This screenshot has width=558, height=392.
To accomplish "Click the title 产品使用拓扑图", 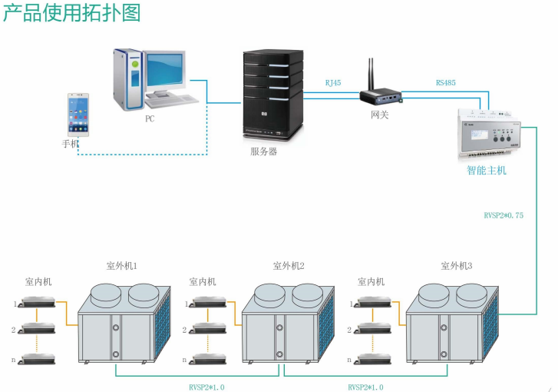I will (x=72, y=13).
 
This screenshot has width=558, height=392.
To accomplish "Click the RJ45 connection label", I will (x=333, y=81).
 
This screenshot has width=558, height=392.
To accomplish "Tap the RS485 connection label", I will (x=446, y=81).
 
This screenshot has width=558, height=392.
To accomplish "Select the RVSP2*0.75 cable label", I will (x=504, y=216).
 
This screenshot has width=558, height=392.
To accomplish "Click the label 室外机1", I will (x=121, y=266).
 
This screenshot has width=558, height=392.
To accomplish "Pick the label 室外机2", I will (x=289, y=266).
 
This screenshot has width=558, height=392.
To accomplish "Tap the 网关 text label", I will (x=380, y=115).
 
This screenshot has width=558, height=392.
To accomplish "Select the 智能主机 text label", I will (x=487, y=171).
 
